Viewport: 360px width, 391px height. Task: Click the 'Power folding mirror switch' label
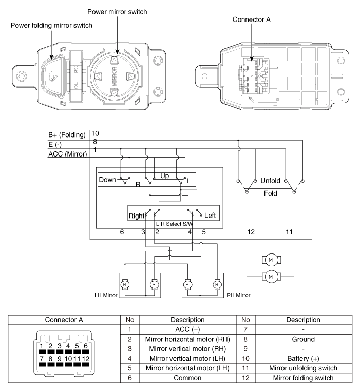tap(51, 25)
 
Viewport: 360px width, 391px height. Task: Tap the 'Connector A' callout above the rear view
tap(252, 19)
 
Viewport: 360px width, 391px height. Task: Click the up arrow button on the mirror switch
tap(114, 61)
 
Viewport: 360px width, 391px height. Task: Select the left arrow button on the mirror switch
tap(99, 76)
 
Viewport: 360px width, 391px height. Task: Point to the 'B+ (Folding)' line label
tap(67, 135)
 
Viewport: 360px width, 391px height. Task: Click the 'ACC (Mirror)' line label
tap(68, 154)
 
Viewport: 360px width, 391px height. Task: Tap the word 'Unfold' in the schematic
tap(270, 181)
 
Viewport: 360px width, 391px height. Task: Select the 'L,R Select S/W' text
tap(175, 224)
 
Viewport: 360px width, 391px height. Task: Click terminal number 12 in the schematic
tap(251, 232)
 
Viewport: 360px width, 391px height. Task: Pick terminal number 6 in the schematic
tap(122, 232)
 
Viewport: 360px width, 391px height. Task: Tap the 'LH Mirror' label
tap(106, 295)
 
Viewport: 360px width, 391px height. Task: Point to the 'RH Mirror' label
tap(238, 295)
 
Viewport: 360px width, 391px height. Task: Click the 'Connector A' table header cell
tap(64, 320)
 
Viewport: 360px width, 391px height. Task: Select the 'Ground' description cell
tap(304, 339)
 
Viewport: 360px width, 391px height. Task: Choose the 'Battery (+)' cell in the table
tap(304, 359)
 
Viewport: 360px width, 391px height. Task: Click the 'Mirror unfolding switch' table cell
tap(304, 368)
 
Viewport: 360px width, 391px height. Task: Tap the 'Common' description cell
tap(187, 378)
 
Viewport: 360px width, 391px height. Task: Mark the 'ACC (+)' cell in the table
tap(187, 329)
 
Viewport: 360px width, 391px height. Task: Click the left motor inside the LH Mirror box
tap(125, 284)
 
